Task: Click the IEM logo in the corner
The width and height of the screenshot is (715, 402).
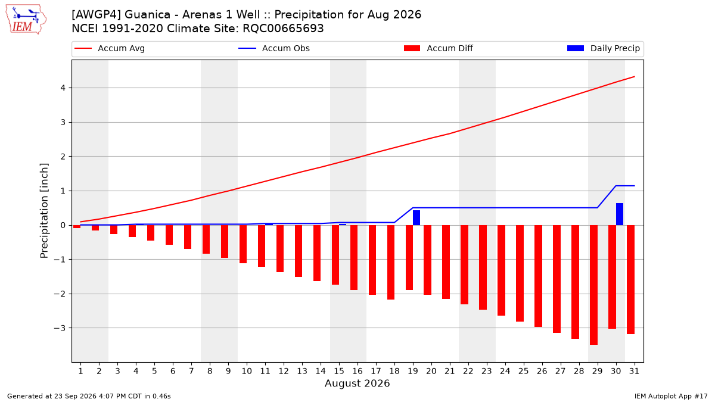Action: pyautogui.click(x=26, y=20)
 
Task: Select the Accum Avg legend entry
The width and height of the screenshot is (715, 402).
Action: pyautogui.click(x=110, y=48)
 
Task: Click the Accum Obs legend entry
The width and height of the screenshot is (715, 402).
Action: pyautogui.click(x=274, y=48)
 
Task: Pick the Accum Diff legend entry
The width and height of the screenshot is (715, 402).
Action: pyautogui.click(x=439, y=48)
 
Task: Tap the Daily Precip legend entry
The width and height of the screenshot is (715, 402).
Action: pyautogui.click(x=603, y=48)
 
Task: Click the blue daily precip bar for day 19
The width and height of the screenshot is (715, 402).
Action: pyautogui.click(x=416, y=217)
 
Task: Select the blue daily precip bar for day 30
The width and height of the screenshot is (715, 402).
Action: pyautogui.click(x=620, y=214)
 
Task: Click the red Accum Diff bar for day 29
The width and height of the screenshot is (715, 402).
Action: pyautogui.click(x=593, y=285)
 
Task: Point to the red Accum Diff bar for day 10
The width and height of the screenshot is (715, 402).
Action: pyautogui.click(x=243, y=244)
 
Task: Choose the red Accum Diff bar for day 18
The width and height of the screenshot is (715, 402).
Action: pyautogui.click(x=391, y=262)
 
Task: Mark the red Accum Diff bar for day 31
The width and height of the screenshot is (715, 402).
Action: pyautogui.click(x=631, y=279)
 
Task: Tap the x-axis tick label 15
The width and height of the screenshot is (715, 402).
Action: pyautogui.click(x=339, y=371)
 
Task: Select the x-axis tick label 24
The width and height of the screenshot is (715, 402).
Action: pyautogui.click(x=505, y=371)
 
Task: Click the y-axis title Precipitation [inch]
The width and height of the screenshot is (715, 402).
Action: pyautogui.click(x=44, y=211)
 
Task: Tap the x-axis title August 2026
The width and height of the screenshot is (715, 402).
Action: pyautogui.click(x=357, y=383)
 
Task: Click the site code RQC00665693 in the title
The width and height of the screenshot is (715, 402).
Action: pyautogui.click(x=283, y=29)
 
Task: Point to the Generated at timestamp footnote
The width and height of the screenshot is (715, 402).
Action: pyautogui.click(x=89, y=396)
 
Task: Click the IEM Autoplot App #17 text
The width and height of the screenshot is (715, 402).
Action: pyautogui.click(x=671, y=396)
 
